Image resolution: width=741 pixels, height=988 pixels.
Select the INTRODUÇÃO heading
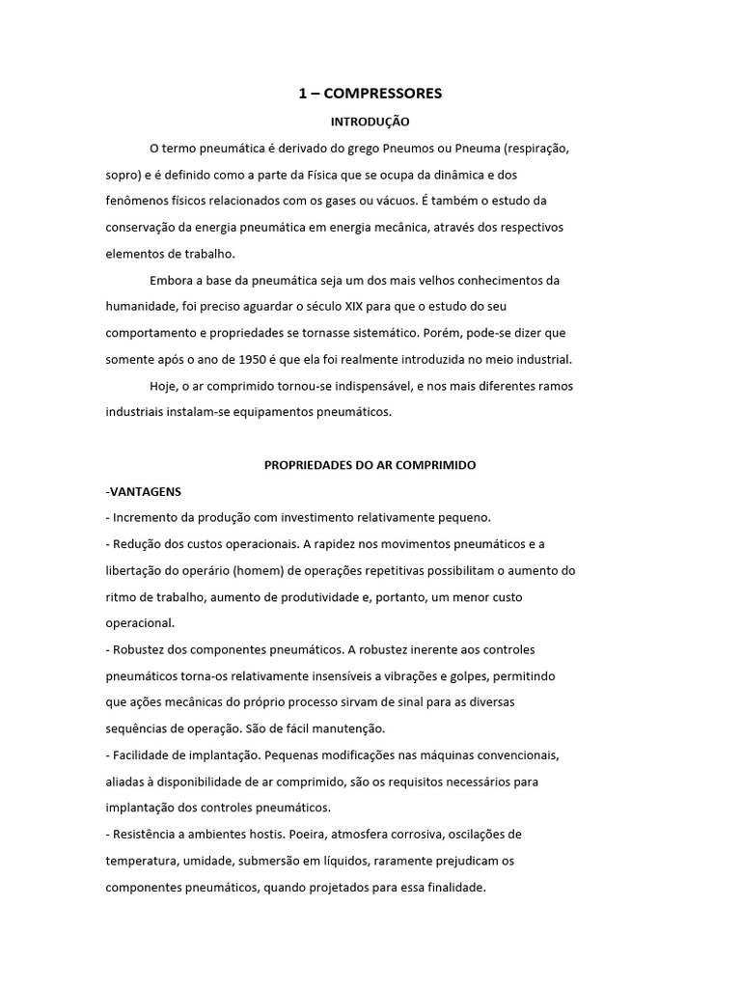point(370,123)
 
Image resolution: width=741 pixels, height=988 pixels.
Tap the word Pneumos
point(408,149)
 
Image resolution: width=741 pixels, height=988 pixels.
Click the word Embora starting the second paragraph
point(171,281)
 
